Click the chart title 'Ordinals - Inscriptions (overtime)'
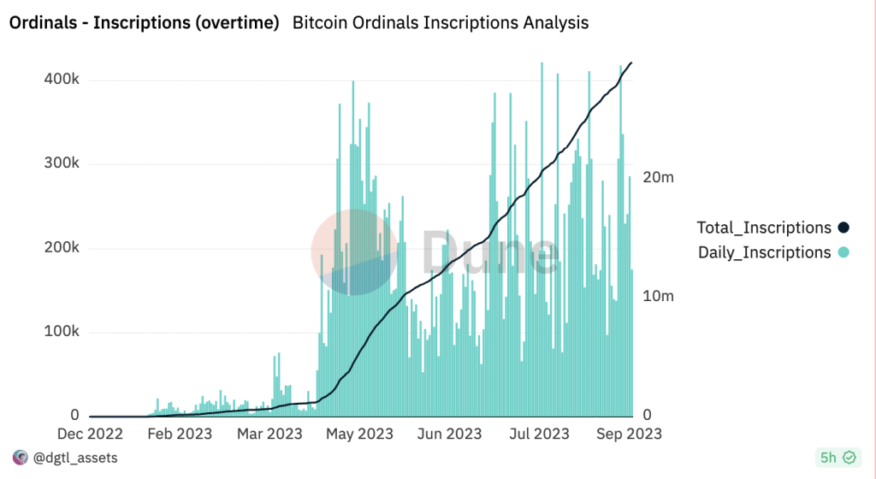[x=144, y=23]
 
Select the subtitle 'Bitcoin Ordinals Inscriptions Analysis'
[x=441, y=23]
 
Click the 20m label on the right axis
[x=659, y=178]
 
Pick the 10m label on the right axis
[x=659, y=296]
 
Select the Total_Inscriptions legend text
[x=764, y=228]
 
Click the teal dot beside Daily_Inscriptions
[x=843, y=252]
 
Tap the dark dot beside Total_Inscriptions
[x=843, y=228]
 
